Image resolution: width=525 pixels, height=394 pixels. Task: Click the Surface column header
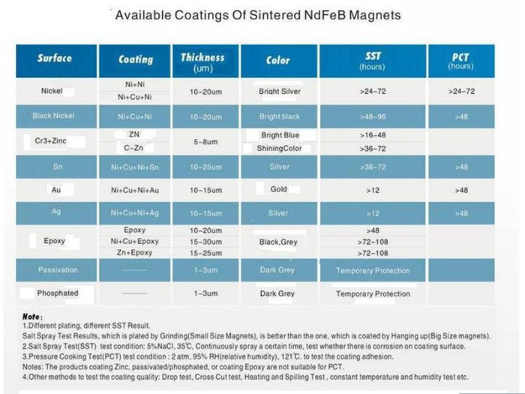tap(55, 58)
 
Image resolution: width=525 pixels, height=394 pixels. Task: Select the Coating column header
tap(136, 59)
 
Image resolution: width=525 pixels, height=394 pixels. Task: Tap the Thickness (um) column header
tap(202, 62)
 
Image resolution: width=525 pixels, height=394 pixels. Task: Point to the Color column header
tap(278, 59)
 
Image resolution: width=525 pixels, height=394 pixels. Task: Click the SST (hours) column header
tap(372, 60)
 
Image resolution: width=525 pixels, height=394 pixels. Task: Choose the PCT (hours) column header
tap(460, 60)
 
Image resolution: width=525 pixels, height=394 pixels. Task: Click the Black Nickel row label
tap(53, 116)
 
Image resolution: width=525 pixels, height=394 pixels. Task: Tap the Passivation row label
tap(57, 270)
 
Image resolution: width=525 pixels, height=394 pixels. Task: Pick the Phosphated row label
tap(58, 293)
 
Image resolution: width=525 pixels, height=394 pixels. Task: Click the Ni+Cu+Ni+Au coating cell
tap(135, 191)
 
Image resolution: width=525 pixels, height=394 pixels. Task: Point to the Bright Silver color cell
tap(279, 92)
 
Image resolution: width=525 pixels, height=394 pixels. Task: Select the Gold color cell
tap(279, 190)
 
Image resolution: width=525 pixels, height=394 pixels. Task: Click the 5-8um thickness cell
tap(205, 141)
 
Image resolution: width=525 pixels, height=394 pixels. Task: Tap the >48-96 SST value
tap(373, 117)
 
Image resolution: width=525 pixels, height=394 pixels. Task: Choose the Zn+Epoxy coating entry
tap(135, 254)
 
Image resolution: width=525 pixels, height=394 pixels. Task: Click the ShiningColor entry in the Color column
tap(279, 149)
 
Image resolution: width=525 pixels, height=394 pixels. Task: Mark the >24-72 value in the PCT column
tap(460, 92)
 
